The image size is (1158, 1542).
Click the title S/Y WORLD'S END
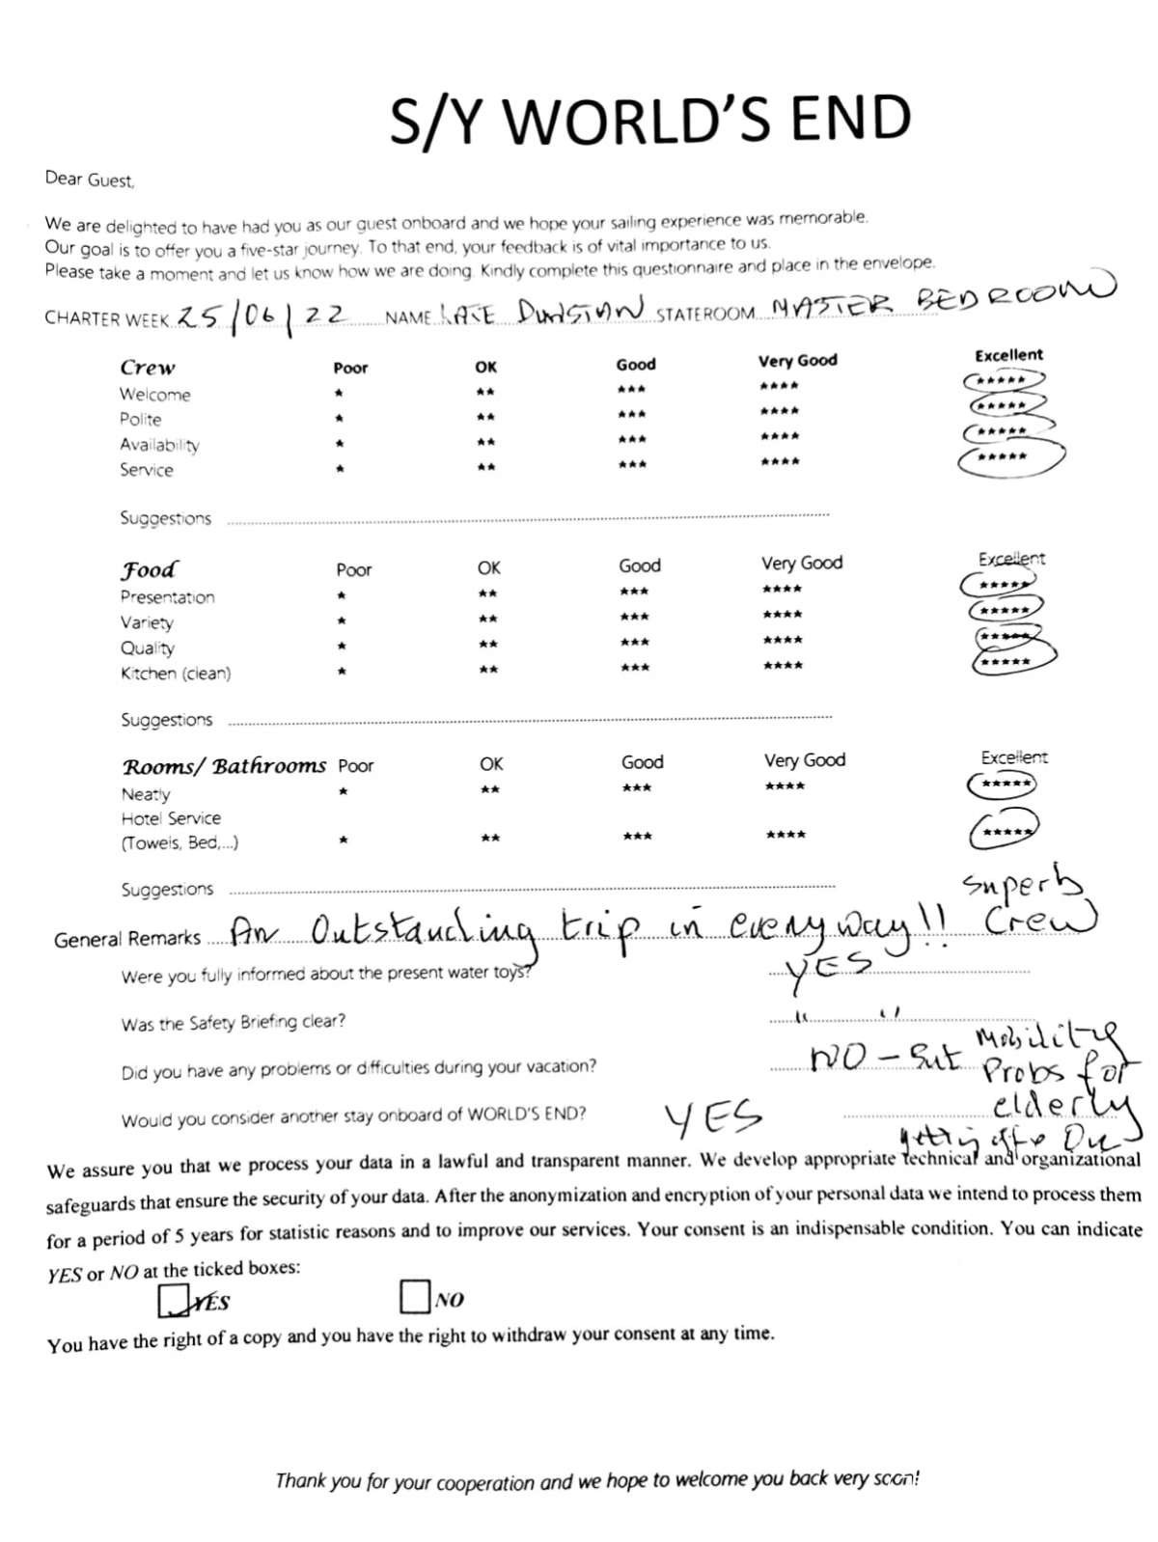649,119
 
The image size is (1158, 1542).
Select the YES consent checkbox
174,1300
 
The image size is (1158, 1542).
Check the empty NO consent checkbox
414,1296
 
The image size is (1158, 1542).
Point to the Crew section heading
148,368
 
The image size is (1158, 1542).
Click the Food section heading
149,569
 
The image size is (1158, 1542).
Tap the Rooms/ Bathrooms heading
224,766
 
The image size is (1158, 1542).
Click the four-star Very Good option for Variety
782,615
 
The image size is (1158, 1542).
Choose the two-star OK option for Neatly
490,790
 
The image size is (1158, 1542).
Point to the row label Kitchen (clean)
176,674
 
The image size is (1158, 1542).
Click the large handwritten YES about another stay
712,1118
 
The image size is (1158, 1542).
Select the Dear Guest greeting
90,179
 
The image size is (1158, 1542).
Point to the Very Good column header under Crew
797,361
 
